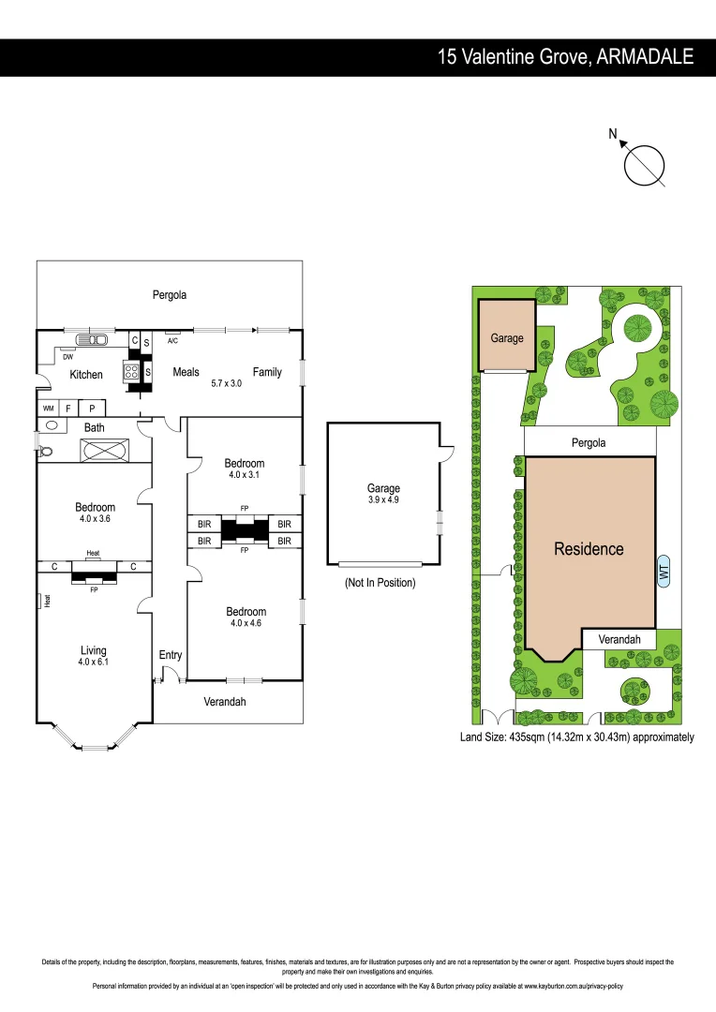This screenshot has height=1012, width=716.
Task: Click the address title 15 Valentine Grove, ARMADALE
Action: pyautogui.click(x=566, y=57)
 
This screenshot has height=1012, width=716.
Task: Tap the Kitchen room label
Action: pyautogui.click(x=86, y=375)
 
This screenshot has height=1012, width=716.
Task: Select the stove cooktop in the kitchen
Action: pyautogui.click(x=131, y=372)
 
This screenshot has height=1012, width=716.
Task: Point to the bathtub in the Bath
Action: pyautogui.click(x=105, y=451)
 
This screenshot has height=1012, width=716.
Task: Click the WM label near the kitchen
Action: pyautogui.click(x=48, y=409)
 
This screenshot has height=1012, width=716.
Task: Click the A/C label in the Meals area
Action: pyautogui.click(x=172, y=342)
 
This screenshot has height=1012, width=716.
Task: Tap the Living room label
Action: pyautogui.click(x=93, y=650)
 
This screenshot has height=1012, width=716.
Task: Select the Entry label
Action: pyautogui.click(x=170, y=655)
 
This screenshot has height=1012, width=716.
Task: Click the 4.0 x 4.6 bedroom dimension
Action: pyautogui.click(x=245, y=624)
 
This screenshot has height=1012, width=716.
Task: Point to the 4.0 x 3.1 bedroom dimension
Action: pyautogui.click(x=245, y=475)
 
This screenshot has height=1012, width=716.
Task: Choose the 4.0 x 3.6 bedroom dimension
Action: pyautogui.click(x=95, y=519)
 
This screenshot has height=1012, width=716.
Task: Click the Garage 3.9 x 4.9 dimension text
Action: pyautogui.click(x=383, y=500)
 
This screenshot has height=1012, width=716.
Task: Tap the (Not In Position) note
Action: pyautogui.click(x=380, y=583)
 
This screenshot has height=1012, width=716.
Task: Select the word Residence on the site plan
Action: pyautogui.click(x=589, y=549)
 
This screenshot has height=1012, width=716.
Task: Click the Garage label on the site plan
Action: pyautogui.click(x=507, y=338)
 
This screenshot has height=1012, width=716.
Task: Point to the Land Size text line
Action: pyautogui.click(x=576, y=737)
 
